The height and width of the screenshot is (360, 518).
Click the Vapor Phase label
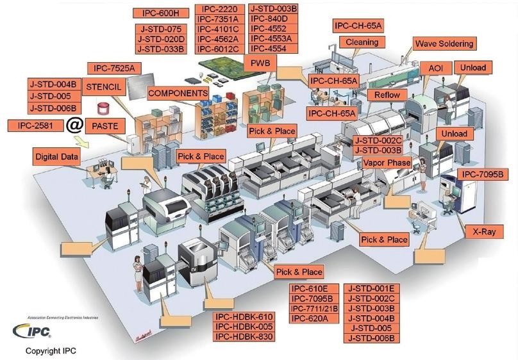point(387,163)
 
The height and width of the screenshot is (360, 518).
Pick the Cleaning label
point(363,42)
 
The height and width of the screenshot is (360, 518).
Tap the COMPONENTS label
point(178,93)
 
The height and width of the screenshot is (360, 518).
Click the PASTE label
point(106,126)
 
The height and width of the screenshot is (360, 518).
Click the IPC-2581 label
point(37,124)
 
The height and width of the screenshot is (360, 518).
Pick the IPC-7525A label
point(119,68)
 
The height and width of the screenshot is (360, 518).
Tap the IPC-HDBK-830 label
point(244,338)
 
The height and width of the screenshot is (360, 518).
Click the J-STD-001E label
point(372,288)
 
